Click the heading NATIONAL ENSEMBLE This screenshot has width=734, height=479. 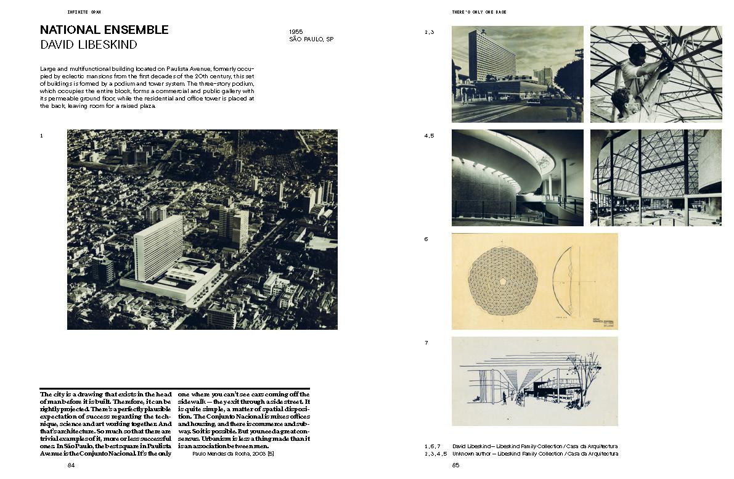coord(104,30)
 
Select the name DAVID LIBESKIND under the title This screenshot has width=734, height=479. coord(89,45)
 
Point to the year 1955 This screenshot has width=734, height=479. coord(296,31)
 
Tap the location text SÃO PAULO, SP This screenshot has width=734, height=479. coord(311,39)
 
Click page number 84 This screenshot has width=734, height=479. coord(71,465)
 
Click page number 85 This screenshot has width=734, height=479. coord(455,465)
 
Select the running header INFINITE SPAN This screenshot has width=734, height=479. coord(84,12)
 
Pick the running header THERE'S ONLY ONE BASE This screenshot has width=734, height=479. coord(479,12)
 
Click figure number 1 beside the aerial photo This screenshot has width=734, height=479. coord(41,136)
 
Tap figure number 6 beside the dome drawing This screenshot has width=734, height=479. coord(426,239)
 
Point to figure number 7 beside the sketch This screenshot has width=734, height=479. coord(426,343)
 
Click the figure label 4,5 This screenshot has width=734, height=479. coord(429,136)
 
